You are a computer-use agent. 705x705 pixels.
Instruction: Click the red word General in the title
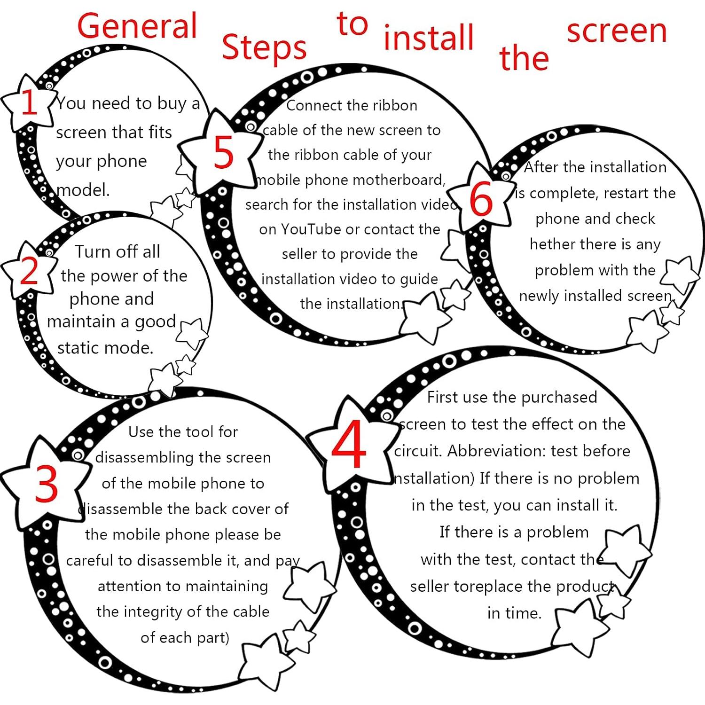click(137, 26)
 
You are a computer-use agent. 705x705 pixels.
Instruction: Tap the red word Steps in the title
click(264, 48)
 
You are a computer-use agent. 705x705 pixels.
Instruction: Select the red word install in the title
click(429, 37)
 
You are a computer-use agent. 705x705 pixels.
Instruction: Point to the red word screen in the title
click(617, 31)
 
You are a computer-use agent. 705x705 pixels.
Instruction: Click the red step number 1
click(29, 103)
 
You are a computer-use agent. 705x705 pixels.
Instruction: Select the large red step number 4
click(349, 444)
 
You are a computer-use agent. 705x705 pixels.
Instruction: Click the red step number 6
click(481, 200)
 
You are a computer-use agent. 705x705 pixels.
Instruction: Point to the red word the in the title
click(524, 58)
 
